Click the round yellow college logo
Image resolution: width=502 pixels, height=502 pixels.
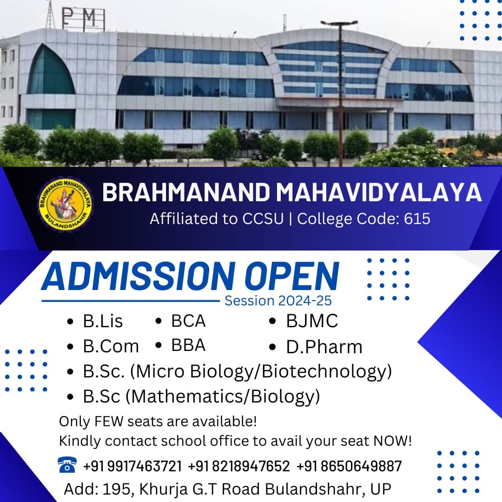[x=66, y=204]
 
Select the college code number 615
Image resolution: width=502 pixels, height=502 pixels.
[x=417, y=218]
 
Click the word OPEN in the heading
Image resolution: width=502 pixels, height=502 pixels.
[x=292, y=276]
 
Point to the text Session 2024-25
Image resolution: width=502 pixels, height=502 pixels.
[x=278, y=301]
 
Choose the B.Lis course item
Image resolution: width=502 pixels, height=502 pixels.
[x=103, y=321]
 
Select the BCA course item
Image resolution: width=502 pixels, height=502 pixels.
[x=188, y=321]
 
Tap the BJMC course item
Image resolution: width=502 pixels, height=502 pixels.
[x=312, y=321]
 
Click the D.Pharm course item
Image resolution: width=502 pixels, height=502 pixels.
[x=324, y=347]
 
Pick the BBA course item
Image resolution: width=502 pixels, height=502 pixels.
[x=188, y=345]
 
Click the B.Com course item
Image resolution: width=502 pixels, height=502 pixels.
[x=111, y=346]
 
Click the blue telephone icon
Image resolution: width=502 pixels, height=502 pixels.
[x=67, y=465]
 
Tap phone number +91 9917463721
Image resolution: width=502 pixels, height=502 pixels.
[x=132, y=466]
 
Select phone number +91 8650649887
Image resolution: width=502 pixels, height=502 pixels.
[x=349, y=466]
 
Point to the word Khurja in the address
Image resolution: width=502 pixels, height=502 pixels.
[x=163, y=489]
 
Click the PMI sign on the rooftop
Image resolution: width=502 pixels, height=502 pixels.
[x=83, y=18]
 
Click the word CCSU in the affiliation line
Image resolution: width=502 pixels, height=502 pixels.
[x=263, y=218]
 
